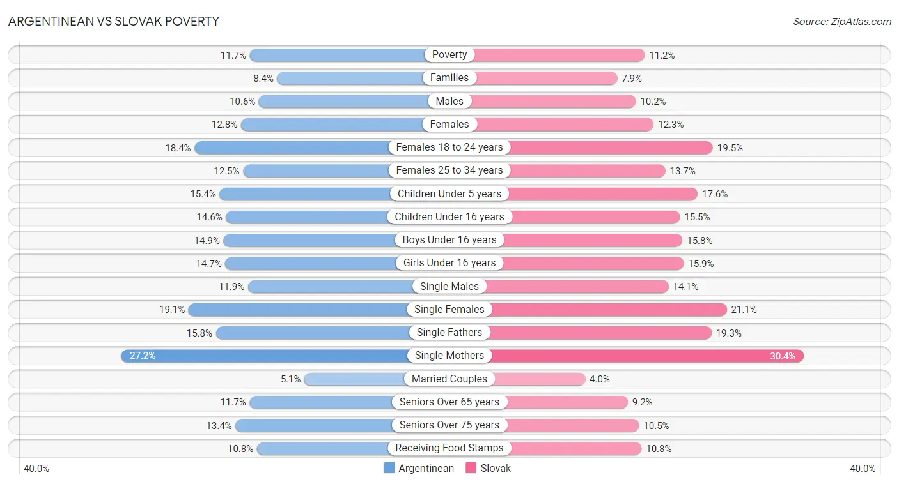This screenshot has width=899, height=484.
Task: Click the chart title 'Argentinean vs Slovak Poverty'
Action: coord(114,21)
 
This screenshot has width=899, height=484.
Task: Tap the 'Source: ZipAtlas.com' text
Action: coord(841,21)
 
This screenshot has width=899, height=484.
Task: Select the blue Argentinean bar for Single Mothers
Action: coord(269,356)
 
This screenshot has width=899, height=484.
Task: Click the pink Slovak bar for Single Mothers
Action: coord(639,356)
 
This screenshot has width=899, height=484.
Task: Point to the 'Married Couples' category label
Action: coord(449,379)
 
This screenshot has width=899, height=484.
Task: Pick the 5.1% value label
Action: coord(290,379)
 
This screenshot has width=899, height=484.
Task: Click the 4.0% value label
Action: coord(600,379)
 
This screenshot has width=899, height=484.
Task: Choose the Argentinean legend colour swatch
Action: coord(389,467)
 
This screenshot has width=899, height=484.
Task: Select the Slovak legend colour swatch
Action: coord(471,467)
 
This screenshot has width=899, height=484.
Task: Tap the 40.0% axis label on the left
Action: coord(36,469)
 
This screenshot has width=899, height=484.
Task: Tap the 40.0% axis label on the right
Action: coord(863,469)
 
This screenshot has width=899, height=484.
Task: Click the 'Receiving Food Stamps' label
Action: coord(449,448)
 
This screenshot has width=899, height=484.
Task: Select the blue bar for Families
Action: coord(352,78)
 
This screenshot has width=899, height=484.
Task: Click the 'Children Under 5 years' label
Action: coord(449,193)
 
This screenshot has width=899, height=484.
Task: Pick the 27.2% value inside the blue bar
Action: coord(143,356)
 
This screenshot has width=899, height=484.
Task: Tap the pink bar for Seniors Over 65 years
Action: coord(566,402)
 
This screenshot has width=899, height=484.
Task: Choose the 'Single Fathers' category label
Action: coord(449,333)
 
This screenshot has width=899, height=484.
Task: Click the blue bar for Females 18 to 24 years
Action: coord(294,147)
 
